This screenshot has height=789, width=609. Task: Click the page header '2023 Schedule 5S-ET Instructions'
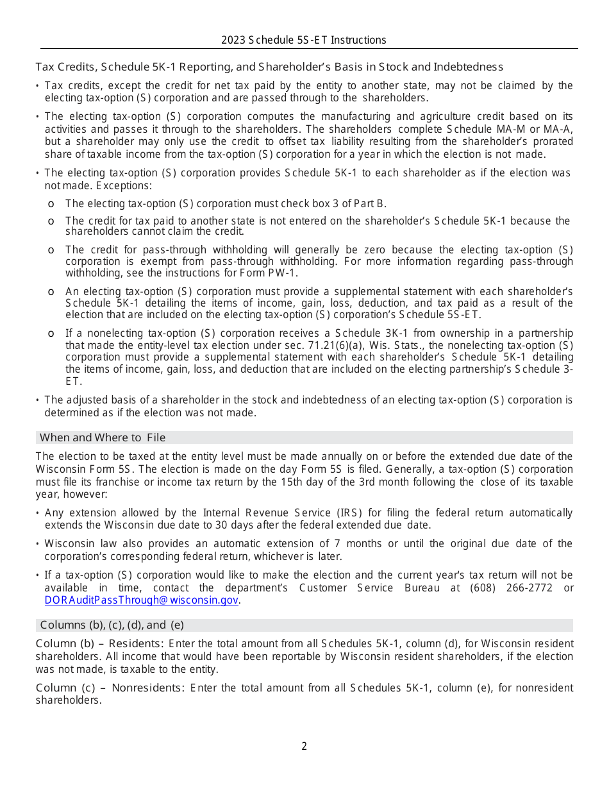[304, 40]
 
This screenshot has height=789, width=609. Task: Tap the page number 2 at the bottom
[304, 746]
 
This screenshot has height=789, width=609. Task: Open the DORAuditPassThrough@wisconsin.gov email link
[141, 600]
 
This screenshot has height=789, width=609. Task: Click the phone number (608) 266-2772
[511, 588]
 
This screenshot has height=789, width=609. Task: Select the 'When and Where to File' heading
[103, 437]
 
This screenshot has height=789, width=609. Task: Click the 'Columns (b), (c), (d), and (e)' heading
[112, 625]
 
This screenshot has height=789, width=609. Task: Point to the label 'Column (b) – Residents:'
[99, 643]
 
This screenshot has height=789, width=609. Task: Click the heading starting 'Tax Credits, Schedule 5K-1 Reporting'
[269, 67]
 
